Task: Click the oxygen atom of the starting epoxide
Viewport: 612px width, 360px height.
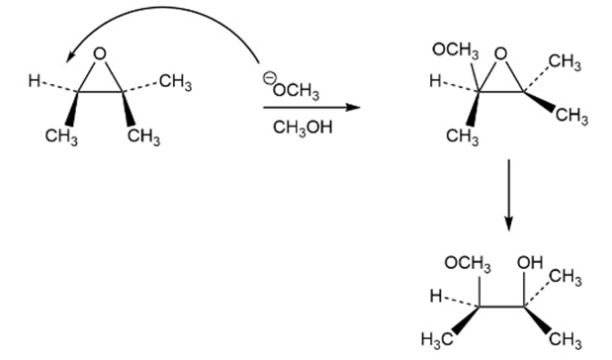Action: click(100, 53)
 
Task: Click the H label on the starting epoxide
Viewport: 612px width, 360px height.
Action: click(34, 81)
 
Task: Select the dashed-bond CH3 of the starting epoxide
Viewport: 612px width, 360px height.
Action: click(176, 82)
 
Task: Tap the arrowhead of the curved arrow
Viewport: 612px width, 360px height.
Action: click(70, 55)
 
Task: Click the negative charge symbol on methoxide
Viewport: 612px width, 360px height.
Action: click(268, 77)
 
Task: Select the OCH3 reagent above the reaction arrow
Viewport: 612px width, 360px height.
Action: click(296, 91)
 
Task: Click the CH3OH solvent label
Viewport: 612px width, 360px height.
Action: click(303, 128)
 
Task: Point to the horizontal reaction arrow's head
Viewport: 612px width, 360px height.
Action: click(354, 107)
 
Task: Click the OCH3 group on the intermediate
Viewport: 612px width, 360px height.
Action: click(456, 50)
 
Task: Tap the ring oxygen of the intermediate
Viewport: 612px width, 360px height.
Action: click(500, 54)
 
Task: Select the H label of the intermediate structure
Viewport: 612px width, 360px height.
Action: click(435, 81)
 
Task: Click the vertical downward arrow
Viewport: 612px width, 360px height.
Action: click(508, 195)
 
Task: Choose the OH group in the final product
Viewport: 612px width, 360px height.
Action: click(530, 263)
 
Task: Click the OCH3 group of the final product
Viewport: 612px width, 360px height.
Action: click(468, 263)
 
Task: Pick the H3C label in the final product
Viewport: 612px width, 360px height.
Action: click(438, 339)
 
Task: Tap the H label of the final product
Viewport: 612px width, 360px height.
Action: click(436, 297)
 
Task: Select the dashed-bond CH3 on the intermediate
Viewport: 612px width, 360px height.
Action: click(565, 62)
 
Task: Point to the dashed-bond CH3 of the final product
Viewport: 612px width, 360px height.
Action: click(566, 278)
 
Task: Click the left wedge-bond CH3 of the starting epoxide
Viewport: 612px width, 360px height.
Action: click(61, 137)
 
